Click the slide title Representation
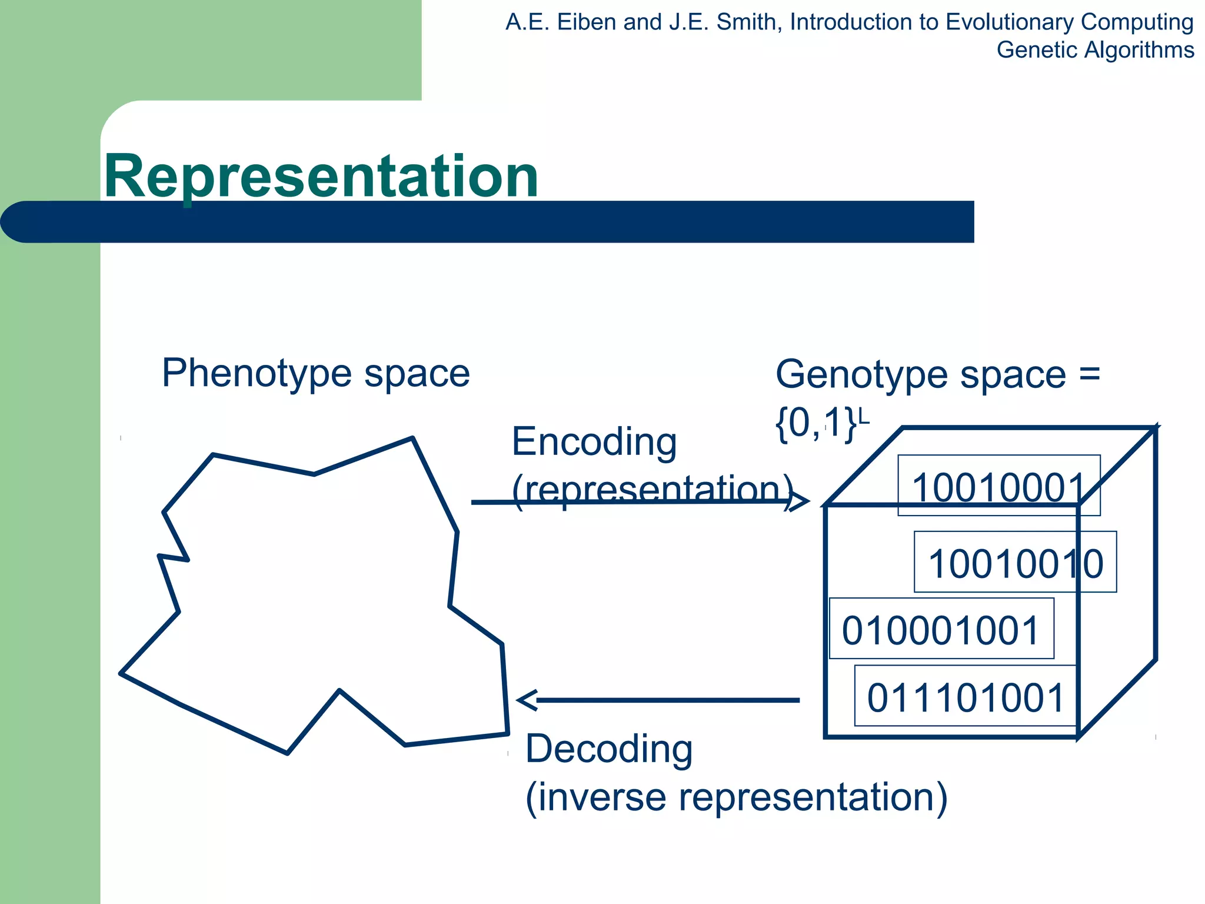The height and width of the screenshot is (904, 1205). [321, 176]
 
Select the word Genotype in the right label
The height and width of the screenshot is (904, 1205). [863, 374]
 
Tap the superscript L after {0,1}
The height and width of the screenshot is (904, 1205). [863, 417]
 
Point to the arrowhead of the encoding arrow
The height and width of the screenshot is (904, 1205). [800, 501]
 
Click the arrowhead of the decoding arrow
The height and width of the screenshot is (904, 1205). [527, 700]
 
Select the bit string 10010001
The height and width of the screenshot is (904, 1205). [998, 487]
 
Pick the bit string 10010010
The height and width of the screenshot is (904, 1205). [1015, 564]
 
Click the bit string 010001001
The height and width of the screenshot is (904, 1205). [941, 630]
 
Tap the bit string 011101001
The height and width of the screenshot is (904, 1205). [966, 697]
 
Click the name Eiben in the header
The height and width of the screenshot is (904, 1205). [580, 22]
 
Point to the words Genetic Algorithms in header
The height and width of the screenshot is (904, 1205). [1095, 50]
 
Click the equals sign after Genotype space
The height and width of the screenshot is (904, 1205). [1090, 374]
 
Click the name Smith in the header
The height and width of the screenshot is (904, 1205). [747, 22]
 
